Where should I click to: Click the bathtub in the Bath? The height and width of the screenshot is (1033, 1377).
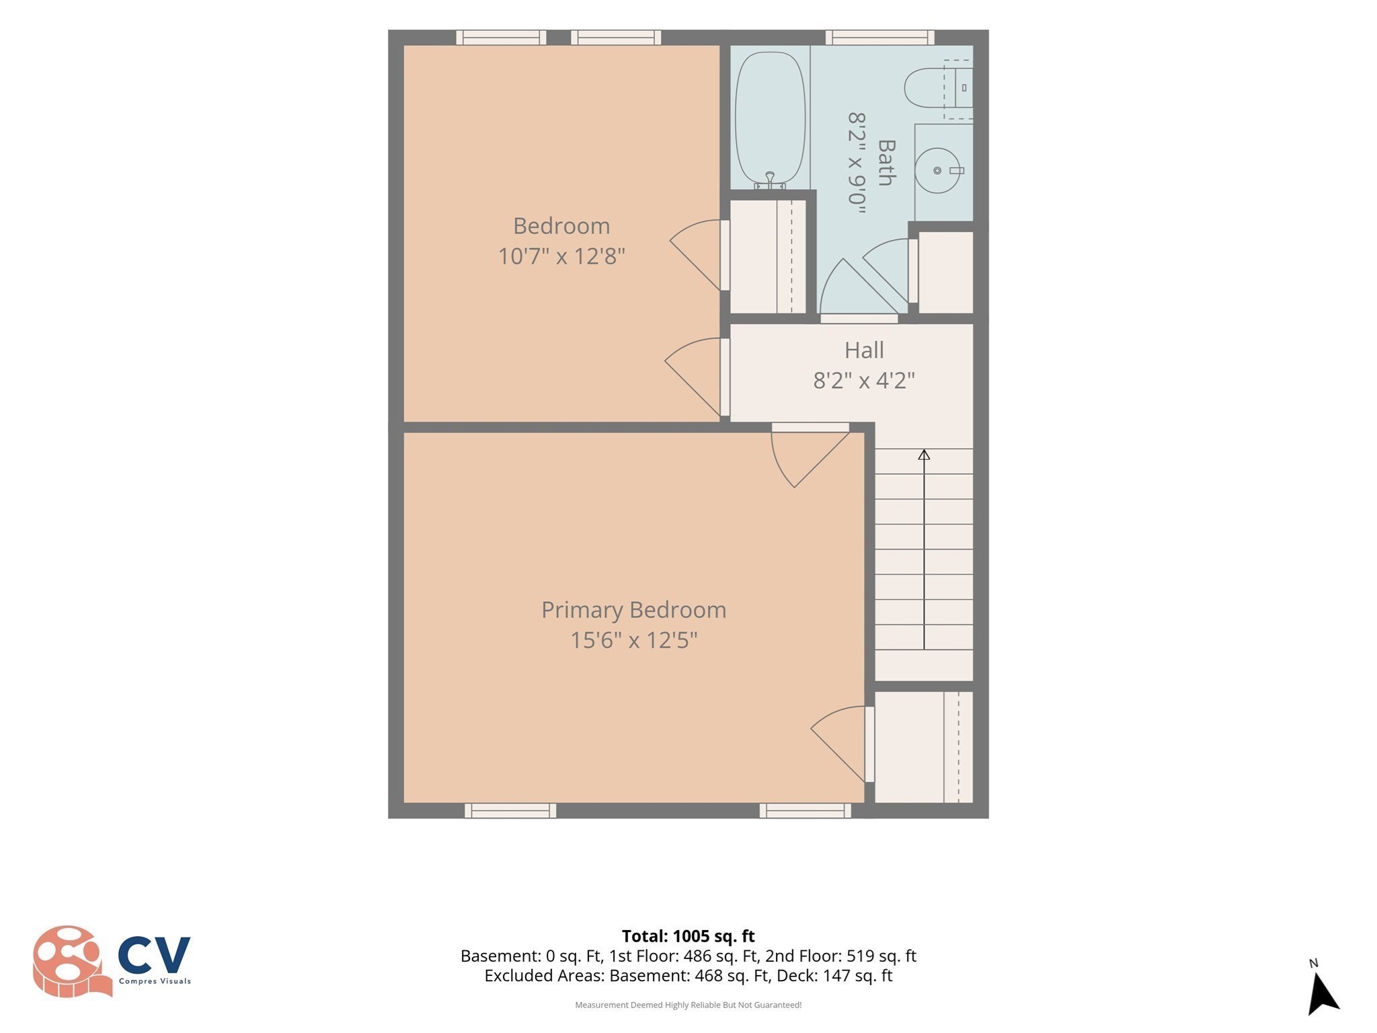tap(770, 117)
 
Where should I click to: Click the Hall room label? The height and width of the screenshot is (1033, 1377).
tap(864, 350)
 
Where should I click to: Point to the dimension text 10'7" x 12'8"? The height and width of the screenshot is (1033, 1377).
tap(561, 256)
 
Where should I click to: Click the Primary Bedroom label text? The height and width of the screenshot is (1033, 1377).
tap(633, 610)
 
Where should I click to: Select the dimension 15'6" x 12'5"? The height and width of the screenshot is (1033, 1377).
tap(633, 640)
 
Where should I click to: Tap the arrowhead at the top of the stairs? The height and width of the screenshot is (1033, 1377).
tap(924, 455)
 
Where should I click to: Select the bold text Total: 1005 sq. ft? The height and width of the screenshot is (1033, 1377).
tap(688, 936)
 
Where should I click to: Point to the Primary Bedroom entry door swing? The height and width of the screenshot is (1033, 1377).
tap(810, 457)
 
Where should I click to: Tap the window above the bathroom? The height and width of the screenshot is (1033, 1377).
tap(879, 38)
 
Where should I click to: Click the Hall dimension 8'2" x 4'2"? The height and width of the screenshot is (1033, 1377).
tap(864, 381)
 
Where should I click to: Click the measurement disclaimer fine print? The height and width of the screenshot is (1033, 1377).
tap(688, 1005)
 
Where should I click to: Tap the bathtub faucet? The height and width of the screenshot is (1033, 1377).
tap(770, 180)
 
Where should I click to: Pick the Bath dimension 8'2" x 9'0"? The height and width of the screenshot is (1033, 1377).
tap(856, 163)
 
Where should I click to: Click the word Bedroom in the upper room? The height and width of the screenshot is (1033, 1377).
tap(561, 226)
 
